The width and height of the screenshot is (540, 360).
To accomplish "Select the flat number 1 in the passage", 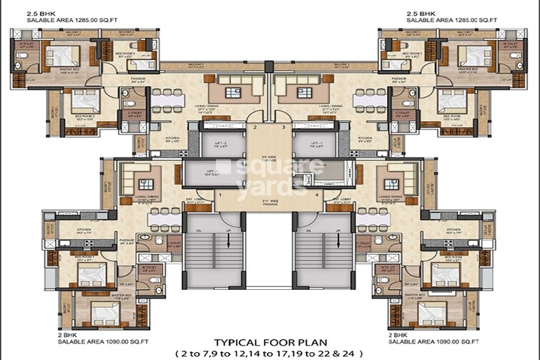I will (220, 195).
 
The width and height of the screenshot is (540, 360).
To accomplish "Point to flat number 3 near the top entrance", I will (284, 127).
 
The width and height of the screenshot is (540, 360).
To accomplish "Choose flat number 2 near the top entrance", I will (254, 127).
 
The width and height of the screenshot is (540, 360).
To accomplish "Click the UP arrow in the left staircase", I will (227, 240).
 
